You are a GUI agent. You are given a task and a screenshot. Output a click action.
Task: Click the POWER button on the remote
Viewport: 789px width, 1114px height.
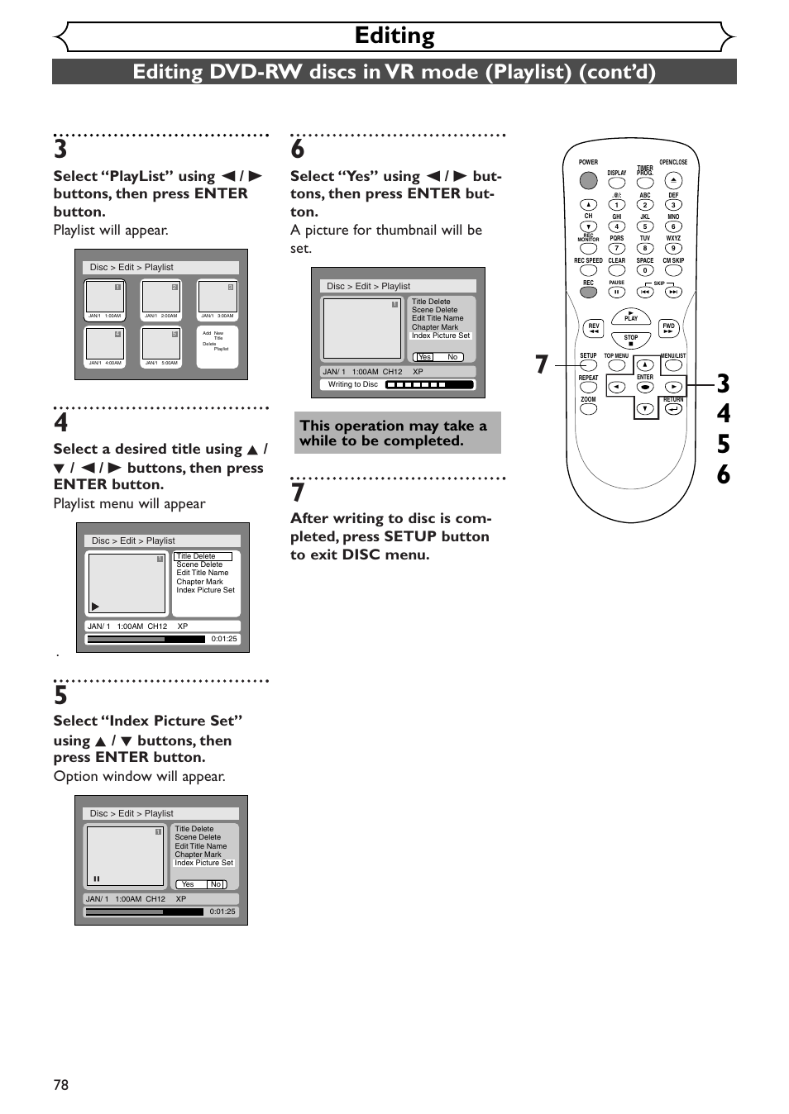coord(588,180)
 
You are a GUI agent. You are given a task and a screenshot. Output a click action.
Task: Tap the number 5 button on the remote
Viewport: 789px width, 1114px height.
coord(645,226)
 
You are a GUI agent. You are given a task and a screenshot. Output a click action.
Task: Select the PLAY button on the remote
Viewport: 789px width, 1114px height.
coord(631,317)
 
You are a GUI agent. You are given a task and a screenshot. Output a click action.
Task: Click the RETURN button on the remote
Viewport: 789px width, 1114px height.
coord(673,408)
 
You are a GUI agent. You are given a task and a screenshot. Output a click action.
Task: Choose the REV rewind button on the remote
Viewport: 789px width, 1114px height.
coord(594,328)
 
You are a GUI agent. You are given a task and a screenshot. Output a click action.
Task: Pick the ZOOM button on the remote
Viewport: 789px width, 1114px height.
coord(588,409)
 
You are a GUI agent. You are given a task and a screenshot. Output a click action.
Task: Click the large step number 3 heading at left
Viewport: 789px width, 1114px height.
coord(60,150)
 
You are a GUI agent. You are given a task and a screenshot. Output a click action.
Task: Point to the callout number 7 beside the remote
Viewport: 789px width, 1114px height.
coord(542,364)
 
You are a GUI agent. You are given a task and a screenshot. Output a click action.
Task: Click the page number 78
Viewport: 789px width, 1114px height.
coord(61,1085)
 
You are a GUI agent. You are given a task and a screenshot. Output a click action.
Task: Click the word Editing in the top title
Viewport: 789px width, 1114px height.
coord(394,36)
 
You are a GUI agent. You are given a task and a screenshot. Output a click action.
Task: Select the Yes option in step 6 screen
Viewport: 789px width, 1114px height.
coord(425,357)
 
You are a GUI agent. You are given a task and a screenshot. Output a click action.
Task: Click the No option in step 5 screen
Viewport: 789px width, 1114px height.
coord(216,884)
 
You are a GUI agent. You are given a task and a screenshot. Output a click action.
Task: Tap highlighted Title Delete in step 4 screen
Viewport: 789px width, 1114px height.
coord(203,556)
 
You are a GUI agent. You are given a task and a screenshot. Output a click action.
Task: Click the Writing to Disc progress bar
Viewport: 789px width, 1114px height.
coord(429,384)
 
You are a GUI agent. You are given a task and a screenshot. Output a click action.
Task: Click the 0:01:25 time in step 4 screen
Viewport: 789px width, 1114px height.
coord(224,639)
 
